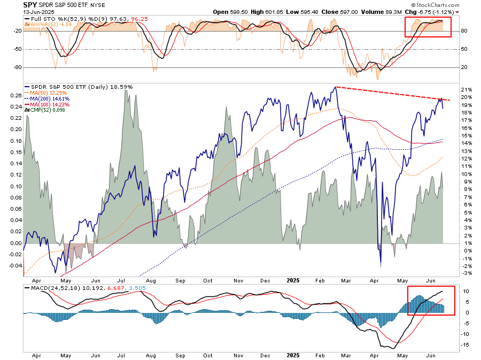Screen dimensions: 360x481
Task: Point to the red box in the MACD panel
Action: (x=431, y=300)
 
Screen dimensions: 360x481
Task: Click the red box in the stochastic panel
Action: (x=428, y=27)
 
